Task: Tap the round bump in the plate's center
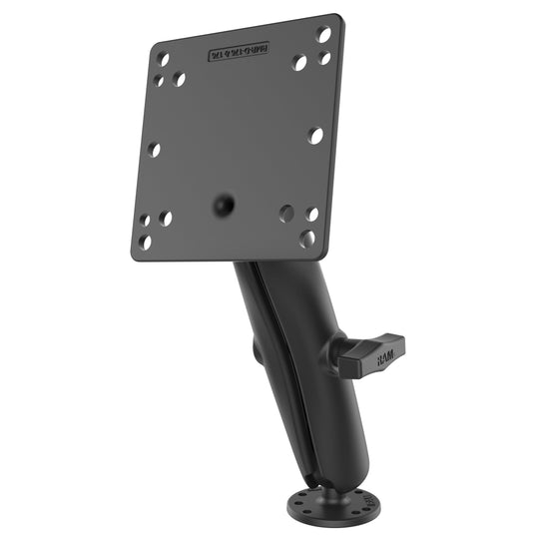coord(224,205)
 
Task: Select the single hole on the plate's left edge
coord(154,149)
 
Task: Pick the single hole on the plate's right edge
coord(315,134)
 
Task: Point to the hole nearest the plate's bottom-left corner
coord(147,242)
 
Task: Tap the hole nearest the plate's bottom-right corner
coord(308,239)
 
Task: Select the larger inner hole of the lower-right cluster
coord(286,213)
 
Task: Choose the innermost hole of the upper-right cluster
coord(298,62)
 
